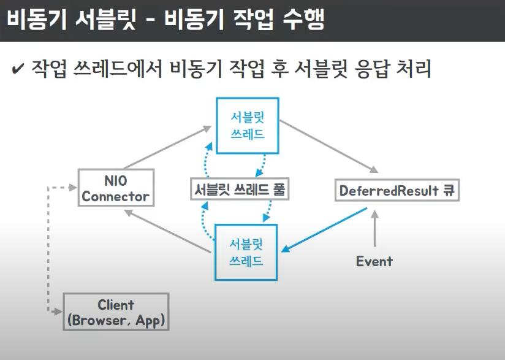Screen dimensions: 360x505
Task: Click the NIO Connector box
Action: pos(115,188)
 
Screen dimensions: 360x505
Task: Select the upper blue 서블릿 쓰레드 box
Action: pos(247,126)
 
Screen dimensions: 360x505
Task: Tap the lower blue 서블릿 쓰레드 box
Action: pos(246,252)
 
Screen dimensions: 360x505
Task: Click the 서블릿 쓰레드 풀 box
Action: pos(239,190)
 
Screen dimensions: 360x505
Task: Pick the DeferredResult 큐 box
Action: pos(398,190)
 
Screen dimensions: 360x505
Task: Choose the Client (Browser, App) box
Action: pos(115,312)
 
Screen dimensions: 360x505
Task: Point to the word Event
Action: pos(374,261)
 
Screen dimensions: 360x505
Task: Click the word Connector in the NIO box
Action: pos(115,196)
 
